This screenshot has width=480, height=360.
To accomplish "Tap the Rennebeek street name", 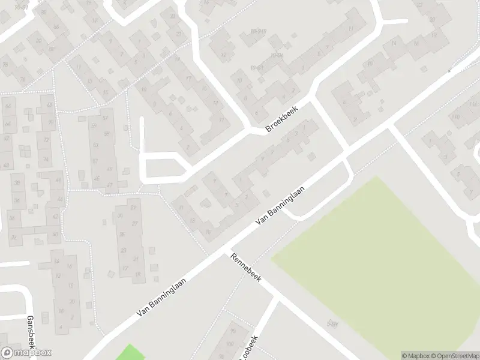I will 245,269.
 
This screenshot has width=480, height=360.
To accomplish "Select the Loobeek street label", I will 250,347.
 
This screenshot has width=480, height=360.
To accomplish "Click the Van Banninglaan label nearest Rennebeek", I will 280,205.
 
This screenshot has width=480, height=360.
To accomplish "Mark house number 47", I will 109,169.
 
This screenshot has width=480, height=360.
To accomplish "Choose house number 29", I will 134,208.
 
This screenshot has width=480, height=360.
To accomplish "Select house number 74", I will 46,160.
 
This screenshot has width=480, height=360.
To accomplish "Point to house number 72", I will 46,139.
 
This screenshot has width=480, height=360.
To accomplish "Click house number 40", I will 55,234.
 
